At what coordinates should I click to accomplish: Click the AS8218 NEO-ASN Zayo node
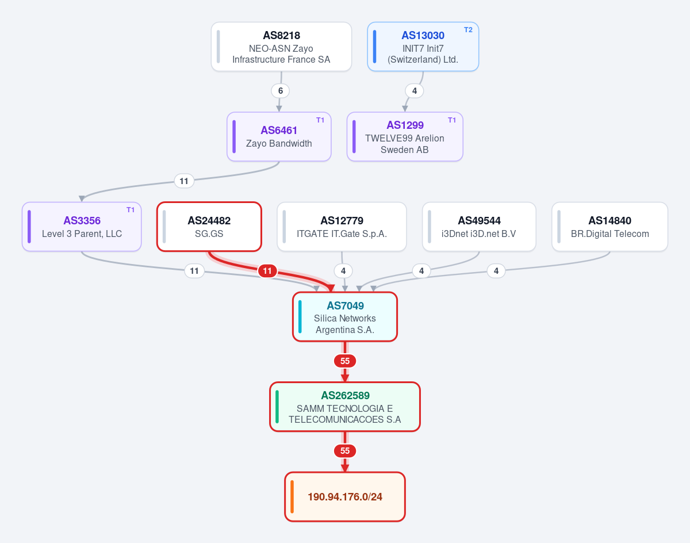click(281, 47)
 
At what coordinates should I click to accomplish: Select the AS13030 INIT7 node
click(423, 47)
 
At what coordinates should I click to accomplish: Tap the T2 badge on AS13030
click(468, 30)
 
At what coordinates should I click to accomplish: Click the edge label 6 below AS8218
click(280, 91)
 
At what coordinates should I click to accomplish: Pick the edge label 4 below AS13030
click(414, 91)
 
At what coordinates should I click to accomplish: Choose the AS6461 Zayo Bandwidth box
click(279, 137)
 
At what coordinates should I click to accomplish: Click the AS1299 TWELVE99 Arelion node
click(405, 137)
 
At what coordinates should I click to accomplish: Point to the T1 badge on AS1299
click(452, 120)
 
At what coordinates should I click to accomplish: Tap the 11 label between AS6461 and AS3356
click(184, 181)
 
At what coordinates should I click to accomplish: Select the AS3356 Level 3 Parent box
click(82, 227)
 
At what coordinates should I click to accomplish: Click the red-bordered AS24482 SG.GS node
click(209, 227)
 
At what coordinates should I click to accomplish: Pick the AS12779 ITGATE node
click(342, 227)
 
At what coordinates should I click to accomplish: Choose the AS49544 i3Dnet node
click(479, 227)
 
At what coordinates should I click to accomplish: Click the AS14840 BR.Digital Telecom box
click(610, 227)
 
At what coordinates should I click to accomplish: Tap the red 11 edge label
click(267, 271)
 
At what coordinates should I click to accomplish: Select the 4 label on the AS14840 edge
click(496, 271)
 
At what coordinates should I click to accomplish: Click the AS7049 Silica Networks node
click(345, 317)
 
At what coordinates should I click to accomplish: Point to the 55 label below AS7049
click(345, 361)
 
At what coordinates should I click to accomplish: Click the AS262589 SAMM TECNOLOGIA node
click(345, 407)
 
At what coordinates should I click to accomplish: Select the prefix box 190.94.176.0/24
click(345, 497)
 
